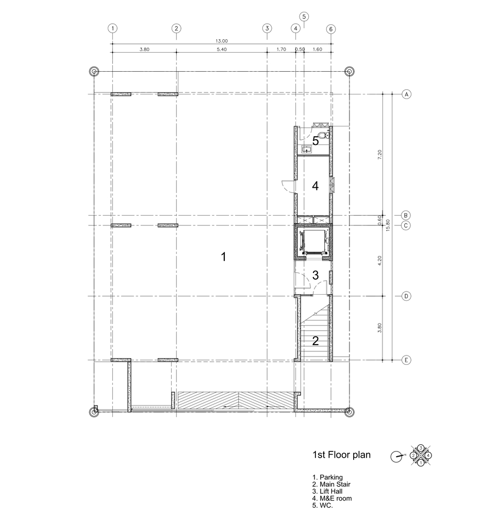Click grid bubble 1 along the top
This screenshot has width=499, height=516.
coord(112,28)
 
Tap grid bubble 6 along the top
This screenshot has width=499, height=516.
coord(331,29)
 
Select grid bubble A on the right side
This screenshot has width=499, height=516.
coord(407,94)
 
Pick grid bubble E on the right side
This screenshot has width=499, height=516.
coord(406,360)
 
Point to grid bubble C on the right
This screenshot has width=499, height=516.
coord(406,225)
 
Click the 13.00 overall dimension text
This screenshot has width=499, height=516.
coord(222,41)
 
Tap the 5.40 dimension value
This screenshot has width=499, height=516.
coord(222,50)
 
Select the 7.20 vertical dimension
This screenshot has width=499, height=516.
coord(380,155)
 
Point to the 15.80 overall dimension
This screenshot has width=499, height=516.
coord(388,225)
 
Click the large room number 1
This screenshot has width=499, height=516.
coord(224,256)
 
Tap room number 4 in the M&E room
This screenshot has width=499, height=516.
coord(315,186)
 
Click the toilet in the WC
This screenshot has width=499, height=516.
coord(324,135)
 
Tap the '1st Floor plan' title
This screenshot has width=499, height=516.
coord(341,455)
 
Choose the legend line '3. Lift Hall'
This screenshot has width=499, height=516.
coord(327,491)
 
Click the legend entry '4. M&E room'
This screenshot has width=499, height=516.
coord(332,498)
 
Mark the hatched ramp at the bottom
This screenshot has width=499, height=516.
coord(235,401)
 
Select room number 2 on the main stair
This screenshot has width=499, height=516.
coord(315,341)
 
